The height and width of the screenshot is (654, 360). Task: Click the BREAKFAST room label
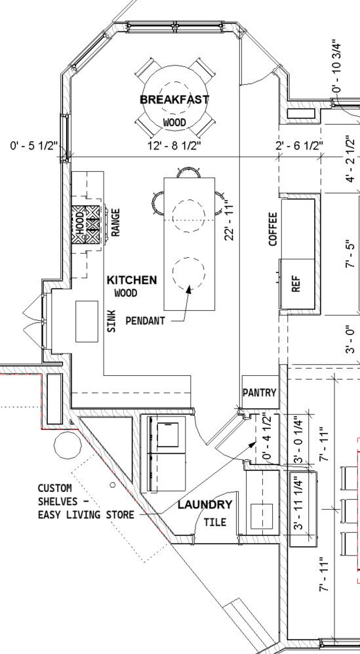click(x=174, y=100)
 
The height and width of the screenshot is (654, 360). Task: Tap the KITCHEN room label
click(x=132, y=280)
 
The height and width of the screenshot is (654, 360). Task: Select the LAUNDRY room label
click(x=205, y=504)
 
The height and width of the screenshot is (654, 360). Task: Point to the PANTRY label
click(x=260, y=392)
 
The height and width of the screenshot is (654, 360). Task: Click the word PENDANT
click(x=145, y=321)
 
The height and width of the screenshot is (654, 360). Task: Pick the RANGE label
click(x=115, y=222)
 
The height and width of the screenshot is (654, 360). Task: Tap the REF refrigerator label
click(x=296, y=283)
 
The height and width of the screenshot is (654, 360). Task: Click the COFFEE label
click(x=273, y=229)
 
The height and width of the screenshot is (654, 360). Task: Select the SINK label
click(x=111, y=321)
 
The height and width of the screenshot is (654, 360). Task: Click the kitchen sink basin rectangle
click(x=87, y=321)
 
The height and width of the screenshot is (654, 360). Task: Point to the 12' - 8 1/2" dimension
click(x=174, y=146)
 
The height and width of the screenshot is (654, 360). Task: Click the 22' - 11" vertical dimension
click(x=229, y=220)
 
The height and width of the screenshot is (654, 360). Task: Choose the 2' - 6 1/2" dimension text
click(x=300, y=146)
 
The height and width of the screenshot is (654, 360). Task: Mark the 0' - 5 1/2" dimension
click(x=33, y=146)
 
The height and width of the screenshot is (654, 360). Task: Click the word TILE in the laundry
click(x=215, y=521)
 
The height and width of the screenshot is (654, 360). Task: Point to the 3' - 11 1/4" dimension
click(x=299, y=503)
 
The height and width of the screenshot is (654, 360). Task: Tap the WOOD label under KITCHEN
click(x=125, y=293)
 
